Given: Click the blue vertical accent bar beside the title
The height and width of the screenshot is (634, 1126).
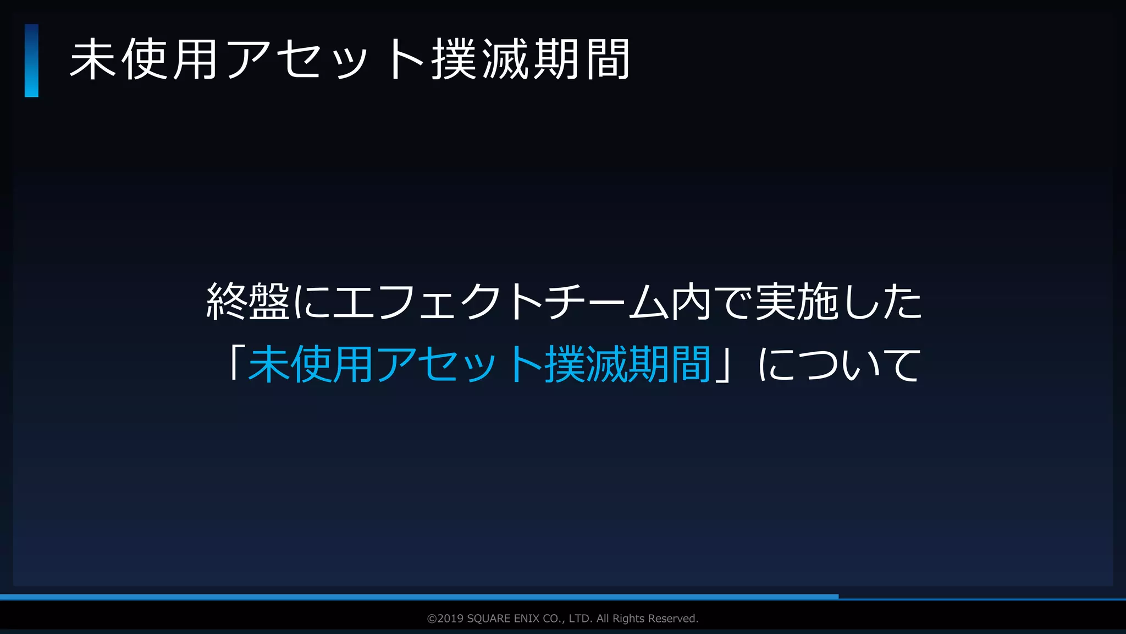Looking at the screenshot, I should [31, 61].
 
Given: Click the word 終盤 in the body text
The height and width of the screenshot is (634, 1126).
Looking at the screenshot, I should [248, 301].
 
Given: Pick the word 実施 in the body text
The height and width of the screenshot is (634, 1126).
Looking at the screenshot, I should [797, 301].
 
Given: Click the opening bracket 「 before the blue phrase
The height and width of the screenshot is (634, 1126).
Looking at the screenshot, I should [234, 363].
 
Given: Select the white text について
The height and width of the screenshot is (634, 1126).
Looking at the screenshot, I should [839, 364].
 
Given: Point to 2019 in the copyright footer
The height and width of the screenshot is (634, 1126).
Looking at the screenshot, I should [450, 619].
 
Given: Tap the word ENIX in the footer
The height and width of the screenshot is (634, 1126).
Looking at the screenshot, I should [526, 619].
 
